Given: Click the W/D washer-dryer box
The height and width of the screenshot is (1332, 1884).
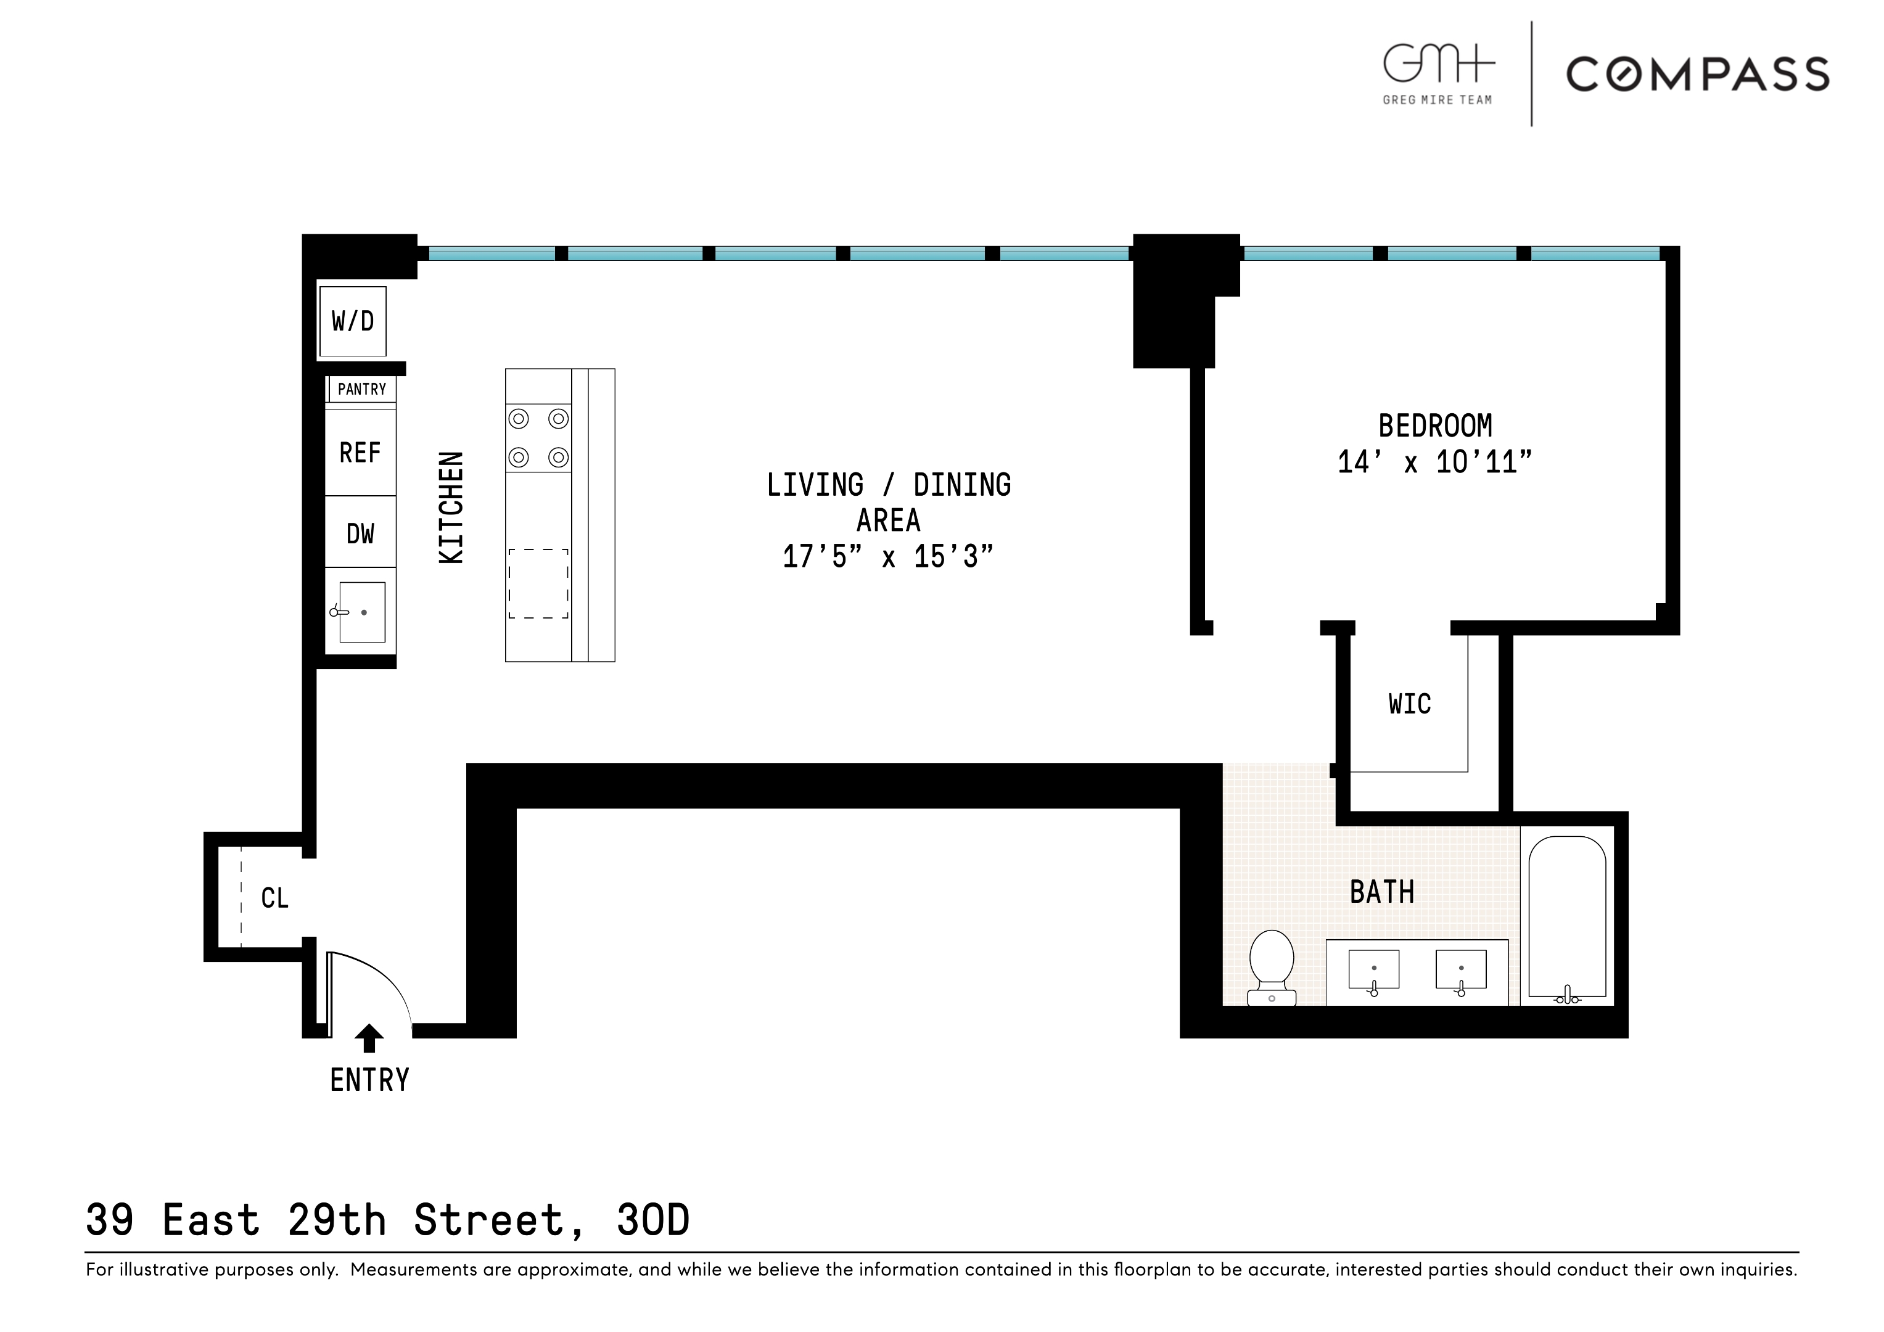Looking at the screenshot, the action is pyautogui.click(x=353, y=321).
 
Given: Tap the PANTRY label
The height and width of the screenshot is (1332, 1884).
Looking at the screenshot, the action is pyautogui.click(x=362, y=389).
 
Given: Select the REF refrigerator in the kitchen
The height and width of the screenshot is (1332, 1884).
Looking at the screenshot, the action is pyautogui.click(x=360, y=452).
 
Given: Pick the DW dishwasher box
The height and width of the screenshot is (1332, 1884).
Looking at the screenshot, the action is pyautogui.click(x=360, y=533).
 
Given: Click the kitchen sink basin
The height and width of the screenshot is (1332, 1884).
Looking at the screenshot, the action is pyautogui.click(x=362, y=612).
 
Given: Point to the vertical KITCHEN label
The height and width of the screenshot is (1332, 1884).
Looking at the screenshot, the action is pyautogui.click(x=452, y=507).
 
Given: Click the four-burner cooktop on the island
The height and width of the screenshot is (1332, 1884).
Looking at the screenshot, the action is pyautogui.click(x=538, y=437).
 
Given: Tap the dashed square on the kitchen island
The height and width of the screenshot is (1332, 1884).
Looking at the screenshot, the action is pyautogui.click(x=538, y=583).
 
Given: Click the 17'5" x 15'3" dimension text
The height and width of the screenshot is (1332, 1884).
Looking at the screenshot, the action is pyautogui.click(x=888, y=556).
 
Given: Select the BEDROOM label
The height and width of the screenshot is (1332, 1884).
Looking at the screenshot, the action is pyautogui.click(x=1435, y=426).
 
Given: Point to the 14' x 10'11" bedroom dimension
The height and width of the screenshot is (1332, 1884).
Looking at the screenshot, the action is pyautogui.click(x=1435, y=462).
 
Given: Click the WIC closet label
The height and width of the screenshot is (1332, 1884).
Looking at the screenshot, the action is pyautogui.click(x=1410, y=704).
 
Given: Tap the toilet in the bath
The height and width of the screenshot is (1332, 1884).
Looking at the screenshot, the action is pyautogui.click(x=1272, y=968).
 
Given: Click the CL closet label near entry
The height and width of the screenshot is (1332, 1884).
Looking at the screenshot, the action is pyautogui.click(x=275, y=898).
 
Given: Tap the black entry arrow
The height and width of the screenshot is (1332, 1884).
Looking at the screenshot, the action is pyautogui.click(x=369, y=1038).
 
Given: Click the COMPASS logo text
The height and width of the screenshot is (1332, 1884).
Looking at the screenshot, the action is pyautogui.click(x=1698, y=74).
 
